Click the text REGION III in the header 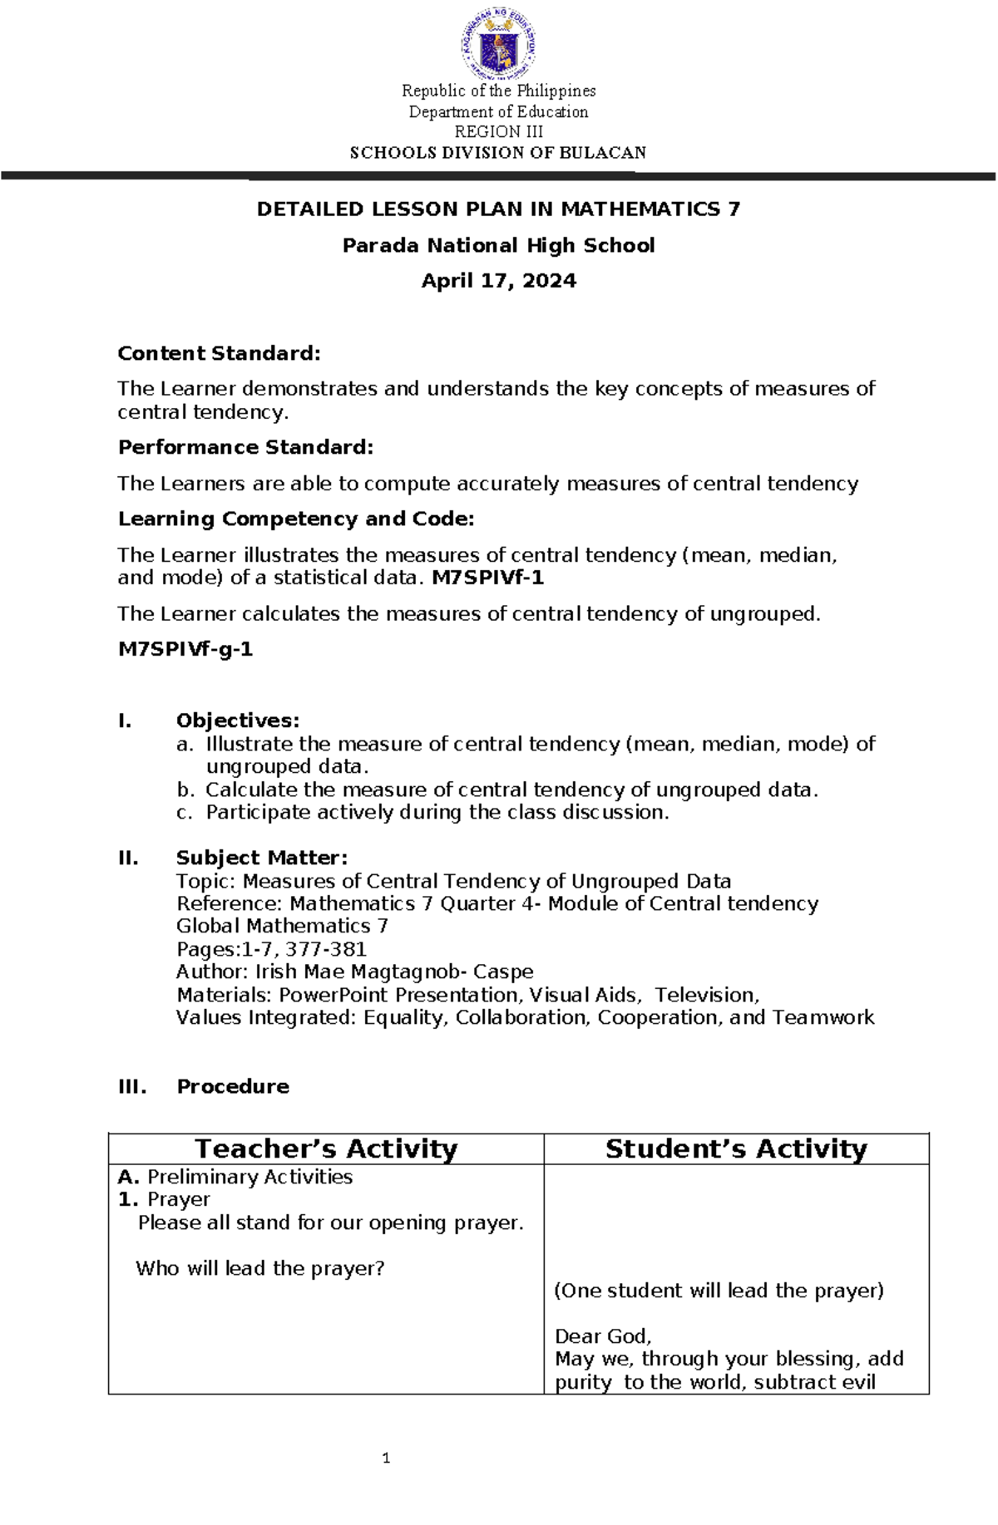(x=498, y=132)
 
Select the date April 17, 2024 (x=498, y=281)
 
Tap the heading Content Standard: (x=219, y=353)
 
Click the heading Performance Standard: (x=245, y=447)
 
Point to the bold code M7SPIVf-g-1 (x=185, y=649)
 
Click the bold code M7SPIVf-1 (x=488, y=578)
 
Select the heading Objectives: (x=237, y=721)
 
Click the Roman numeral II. (x=128, y=858)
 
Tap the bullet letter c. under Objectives (x=184, y=813)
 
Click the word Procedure (x=233, y=1086)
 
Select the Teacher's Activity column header (x=326, y=1149)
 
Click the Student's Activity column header (x=736, y=1149)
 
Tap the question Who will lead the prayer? (x=260, y=1268)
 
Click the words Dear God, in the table (x=603, y=1336)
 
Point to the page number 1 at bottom (x=386, y=1458)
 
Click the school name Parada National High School (x=498, y=245)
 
